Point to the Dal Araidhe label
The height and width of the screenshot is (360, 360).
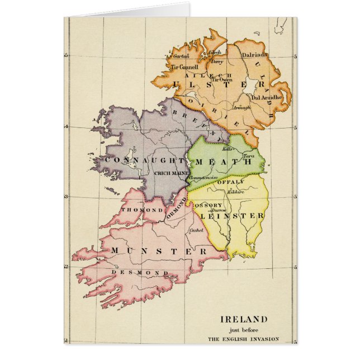click(x=264, y=97)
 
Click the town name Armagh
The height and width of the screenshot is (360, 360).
click(x=241, y=107)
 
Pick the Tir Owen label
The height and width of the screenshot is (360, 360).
click(x=222, y=80)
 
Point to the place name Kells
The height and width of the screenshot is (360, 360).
click(x=227, y=149)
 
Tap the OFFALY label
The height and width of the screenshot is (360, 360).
click(x=235, y=182)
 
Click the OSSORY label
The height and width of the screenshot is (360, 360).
click(x=208, y=205)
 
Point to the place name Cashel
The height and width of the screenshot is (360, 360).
click(x=196, y=230)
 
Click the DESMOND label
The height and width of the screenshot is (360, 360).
click(x=132, y=272)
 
